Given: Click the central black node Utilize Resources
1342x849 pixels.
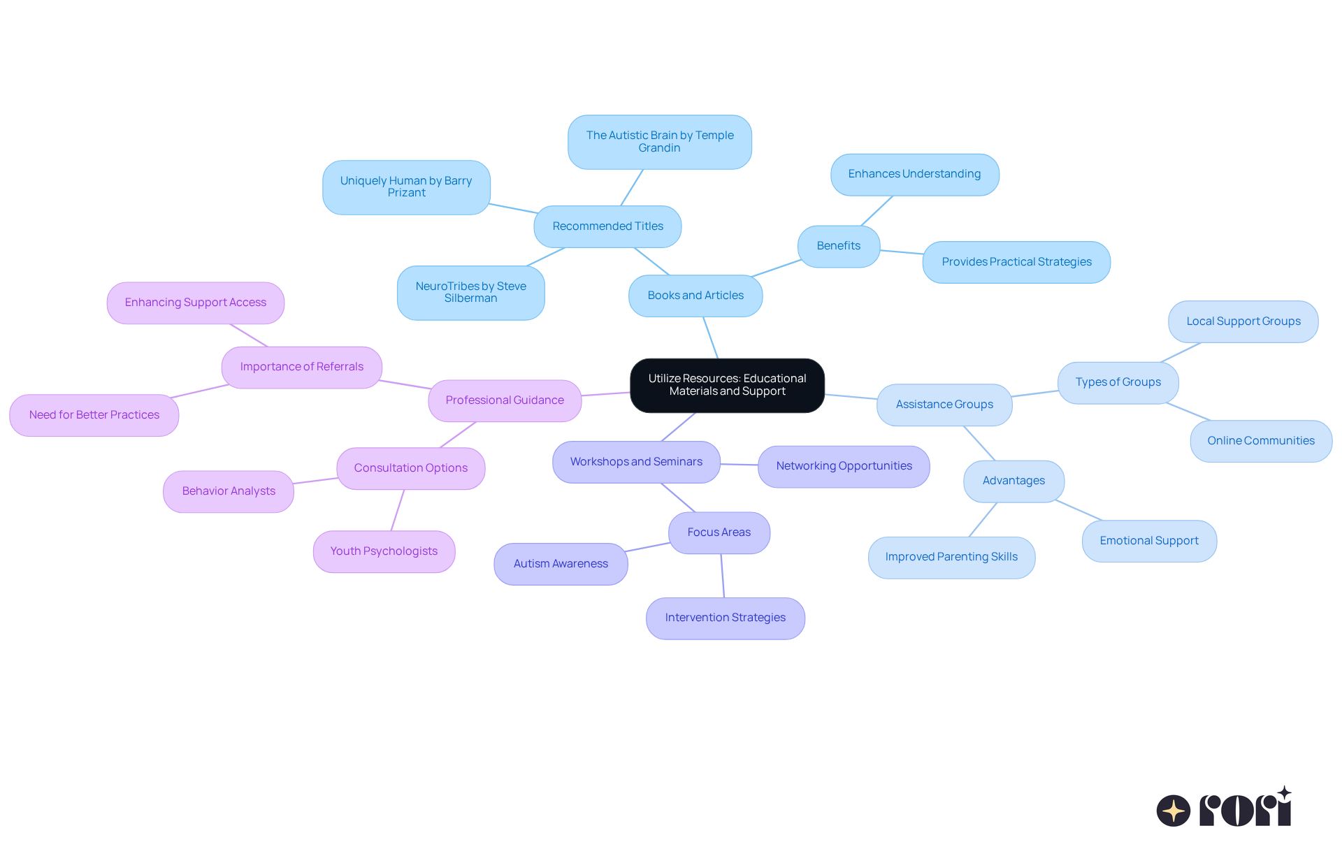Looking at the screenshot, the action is (727, 385).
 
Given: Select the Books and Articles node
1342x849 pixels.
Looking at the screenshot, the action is (695, 296).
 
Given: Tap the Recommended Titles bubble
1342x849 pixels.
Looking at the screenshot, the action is (607, 226).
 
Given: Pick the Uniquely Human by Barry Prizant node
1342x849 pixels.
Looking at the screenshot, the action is (406, 187).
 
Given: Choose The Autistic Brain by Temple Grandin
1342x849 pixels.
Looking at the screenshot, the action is (659, 142).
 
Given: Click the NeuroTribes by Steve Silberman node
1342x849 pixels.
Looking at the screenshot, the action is (470, 293).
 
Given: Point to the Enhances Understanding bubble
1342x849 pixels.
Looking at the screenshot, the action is (914, 175).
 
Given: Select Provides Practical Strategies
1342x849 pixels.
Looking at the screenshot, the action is (1016, 262).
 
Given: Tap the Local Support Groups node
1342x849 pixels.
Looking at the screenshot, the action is (1243, 321).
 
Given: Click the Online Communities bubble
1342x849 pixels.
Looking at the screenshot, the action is (1260, 441).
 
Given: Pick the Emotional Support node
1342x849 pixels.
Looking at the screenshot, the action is (1148, 541).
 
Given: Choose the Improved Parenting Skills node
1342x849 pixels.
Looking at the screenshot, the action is (951, 557).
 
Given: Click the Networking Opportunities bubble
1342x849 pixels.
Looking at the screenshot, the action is (844, 466).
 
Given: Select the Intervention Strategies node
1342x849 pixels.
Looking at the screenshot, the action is (725, 618).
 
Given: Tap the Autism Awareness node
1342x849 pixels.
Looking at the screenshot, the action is (561, 564).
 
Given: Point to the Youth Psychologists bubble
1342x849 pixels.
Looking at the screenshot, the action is (384, 551).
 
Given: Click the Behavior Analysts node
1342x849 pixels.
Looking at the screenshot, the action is (229, 491).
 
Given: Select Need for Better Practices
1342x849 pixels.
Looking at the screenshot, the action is (94, 415).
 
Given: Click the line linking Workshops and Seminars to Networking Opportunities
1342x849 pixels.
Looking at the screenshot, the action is (739, 464).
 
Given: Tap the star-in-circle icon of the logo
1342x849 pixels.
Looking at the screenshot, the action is (1173, 811).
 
